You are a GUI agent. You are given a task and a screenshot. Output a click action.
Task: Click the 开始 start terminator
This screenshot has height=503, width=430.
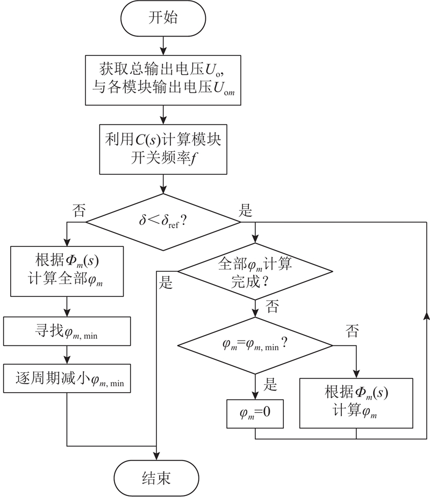[163, 18]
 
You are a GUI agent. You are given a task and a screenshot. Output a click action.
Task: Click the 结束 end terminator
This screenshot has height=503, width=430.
[156, 478]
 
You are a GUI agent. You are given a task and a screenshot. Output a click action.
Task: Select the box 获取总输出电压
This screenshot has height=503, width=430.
[163, 80]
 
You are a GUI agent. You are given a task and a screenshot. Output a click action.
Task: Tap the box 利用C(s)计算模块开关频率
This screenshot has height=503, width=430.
[163, 150]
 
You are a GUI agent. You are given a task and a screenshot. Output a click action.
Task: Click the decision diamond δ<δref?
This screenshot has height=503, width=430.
[163, 222]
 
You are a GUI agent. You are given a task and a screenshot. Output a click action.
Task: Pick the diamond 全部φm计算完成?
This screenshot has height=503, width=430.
[255, 272]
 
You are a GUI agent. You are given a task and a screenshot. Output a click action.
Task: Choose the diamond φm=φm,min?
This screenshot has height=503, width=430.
[255, 345]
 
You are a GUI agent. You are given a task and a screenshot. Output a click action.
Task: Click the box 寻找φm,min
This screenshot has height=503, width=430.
[67, 331]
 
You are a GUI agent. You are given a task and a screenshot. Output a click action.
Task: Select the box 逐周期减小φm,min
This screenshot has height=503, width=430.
[67, 378]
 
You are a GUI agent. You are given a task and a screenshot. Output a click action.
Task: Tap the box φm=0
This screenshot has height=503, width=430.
[255, 414]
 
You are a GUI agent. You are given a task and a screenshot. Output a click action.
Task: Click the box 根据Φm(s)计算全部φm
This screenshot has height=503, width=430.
[67, 271]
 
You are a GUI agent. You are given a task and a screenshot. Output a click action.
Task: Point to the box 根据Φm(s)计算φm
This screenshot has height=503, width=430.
[356, 403]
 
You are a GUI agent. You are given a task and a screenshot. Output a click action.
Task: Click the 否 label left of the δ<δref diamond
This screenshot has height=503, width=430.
[79, 210]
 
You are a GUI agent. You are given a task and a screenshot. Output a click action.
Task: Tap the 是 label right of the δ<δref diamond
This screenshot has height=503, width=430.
[246, 210]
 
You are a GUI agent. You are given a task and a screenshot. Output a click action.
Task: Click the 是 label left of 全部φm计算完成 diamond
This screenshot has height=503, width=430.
[166, 282]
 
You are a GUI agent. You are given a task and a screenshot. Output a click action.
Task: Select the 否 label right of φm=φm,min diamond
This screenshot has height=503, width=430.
[352, 331]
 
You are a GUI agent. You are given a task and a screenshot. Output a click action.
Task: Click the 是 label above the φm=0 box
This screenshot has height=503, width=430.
[270, 384]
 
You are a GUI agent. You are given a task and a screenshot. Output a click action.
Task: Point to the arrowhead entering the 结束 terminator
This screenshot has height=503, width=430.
[156, 457]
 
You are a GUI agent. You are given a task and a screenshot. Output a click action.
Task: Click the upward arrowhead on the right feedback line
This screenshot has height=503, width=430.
[426, 316]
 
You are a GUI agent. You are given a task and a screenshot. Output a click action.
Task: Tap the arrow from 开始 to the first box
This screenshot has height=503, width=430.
[163, 46]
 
